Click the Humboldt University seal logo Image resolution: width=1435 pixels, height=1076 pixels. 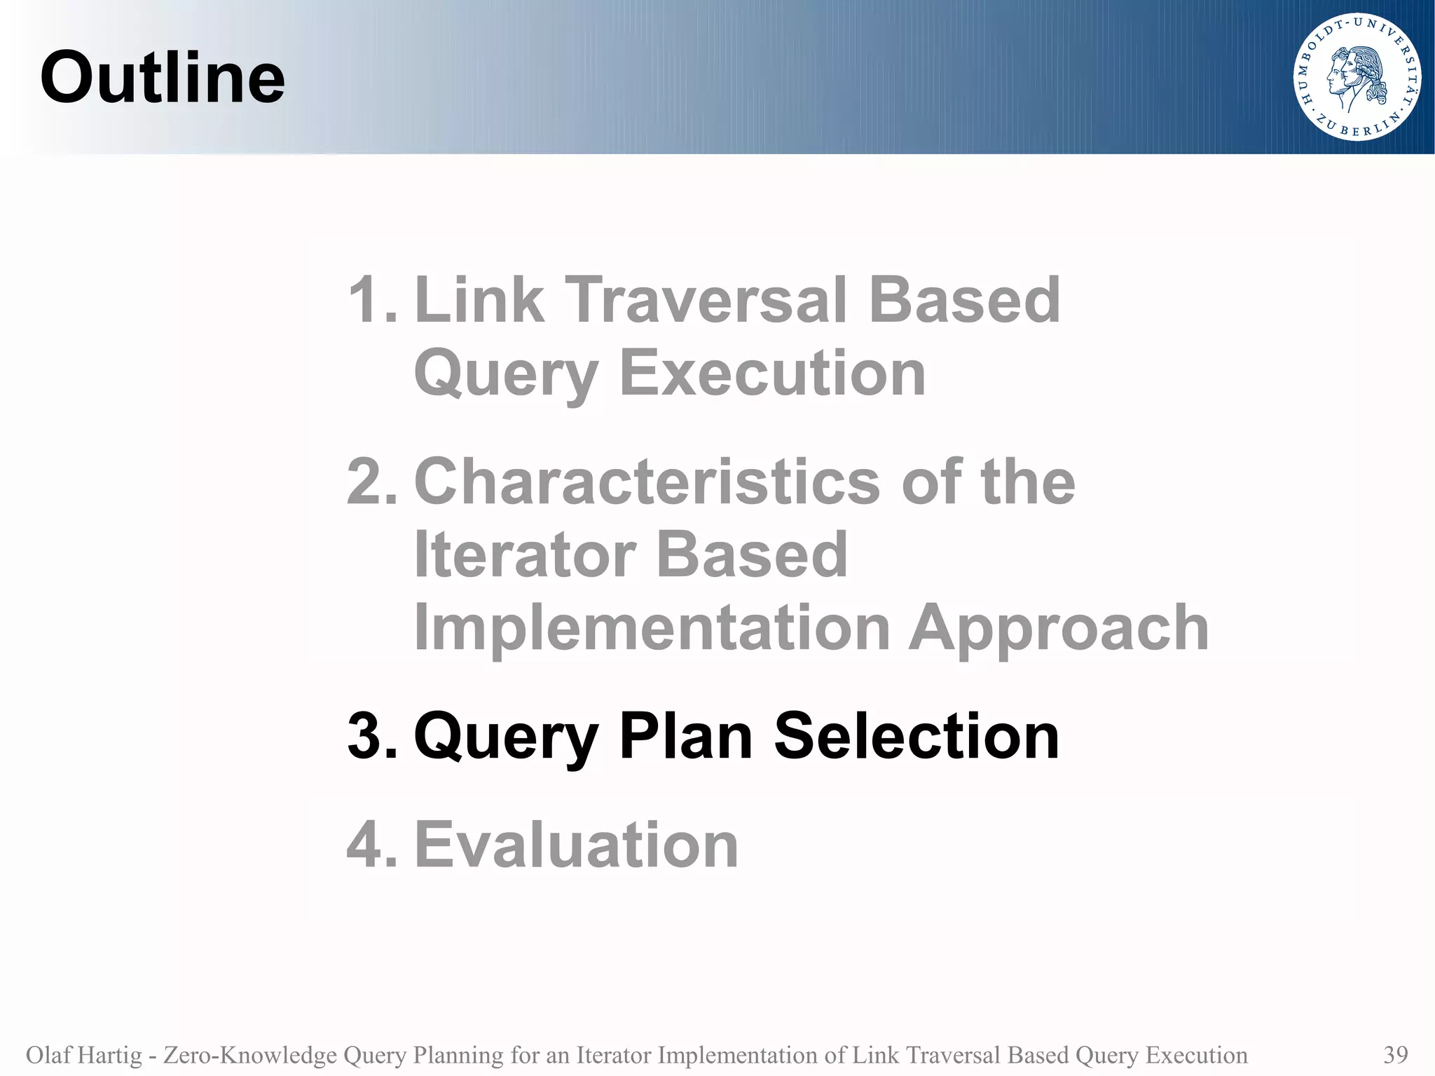point(1357,78)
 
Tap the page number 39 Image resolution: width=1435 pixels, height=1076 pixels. point(1396,1054)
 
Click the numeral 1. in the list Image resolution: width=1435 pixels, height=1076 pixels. point(372,300)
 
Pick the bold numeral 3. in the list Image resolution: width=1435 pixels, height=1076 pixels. point(372,736)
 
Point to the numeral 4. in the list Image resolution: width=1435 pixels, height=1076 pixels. point(372,845)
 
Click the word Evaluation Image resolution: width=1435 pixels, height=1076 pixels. point(576,845)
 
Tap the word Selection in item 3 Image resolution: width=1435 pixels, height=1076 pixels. point(916,736)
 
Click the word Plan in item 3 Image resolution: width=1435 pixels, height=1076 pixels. point(685,736)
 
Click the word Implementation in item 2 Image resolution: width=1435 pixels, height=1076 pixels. point(652,628)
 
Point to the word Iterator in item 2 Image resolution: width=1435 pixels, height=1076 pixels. point(524,554)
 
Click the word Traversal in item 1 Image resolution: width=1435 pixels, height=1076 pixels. point(707,300)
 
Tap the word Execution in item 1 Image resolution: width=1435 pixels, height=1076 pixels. point(772,373)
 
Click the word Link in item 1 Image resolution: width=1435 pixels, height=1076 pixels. point(479,300)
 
